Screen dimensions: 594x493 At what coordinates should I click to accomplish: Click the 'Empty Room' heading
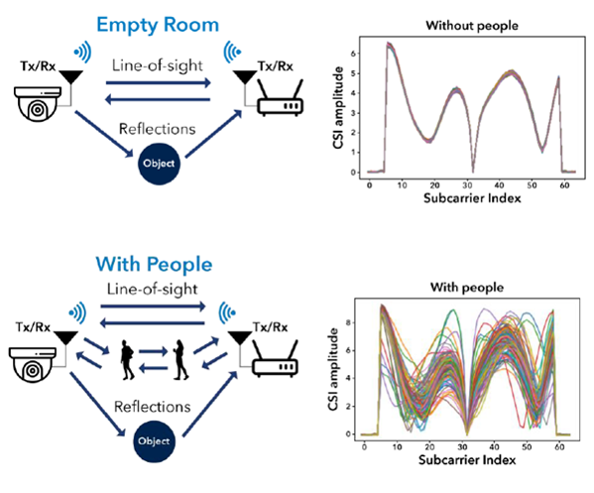[158, 26]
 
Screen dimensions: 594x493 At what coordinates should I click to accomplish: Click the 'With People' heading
[154, 264]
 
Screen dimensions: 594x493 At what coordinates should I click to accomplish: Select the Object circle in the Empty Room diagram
[159, 164]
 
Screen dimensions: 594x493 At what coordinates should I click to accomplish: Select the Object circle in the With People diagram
[154, 441]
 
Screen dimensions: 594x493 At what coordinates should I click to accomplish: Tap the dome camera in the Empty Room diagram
[38, 104]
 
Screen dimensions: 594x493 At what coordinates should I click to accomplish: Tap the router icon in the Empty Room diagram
[280, 97]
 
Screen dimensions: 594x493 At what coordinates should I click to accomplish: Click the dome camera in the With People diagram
[33, 365]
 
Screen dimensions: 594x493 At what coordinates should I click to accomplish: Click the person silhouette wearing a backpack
[127, 360]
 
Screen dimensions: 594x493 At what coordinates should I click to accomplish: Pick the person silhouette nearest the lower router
[180, 360]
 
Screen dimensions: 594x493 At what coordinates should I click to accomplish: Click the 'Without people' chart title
[472, 26]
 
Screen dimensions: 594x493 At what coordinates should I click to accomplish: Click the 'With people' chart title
[467, 288]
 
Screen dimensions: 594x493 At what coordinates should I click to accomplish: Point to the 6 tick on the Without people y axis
[353, 54]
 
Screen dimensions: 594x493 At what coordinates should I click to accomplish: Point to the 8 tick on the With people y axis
[348, 322]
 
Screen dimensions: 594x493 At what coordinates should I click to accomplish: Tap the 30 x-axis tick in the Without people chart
[467, 185]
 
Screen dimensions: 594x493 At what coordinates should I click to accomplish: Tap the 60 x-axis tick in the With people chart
[559, 447]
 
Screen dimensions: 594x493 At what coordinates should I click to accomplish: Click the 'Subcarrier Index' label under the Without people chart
[472, 198]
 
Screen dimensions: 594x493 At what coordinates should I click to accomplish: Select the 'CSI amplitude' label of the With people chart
[333, 369]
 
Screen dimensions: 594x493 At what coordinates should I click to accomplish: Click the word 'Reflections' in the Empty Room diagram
[158, 129]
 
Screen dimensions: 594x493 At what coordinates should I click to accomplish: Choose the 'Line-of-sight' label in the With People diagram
[153, 289]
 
